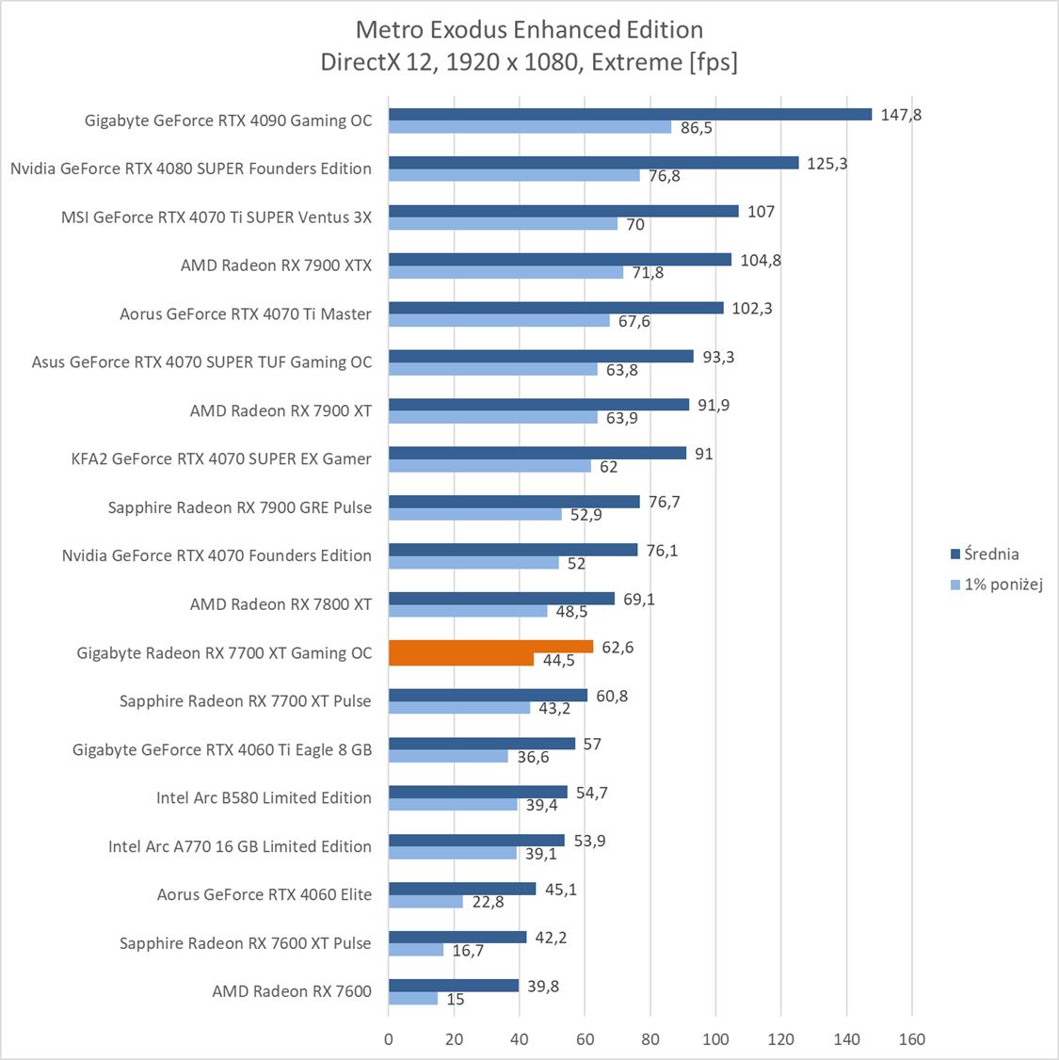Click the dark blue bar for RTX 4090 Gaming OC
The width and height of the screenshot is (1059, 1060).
pyautogui.click(x=630, y=115)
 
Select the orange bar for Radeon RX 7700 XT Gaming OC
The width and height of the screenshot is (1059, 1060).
pyautogui.click(x=490, y=647)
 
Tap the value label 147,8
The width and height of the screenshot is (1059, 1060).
pyautogui.click(x=901, y=115)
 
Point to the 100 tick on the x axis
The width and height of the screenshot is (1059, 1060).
pyautogui.click(x=715, y=1039)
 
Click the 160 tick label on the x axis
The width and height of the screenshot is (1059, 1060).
pyautogui.click(x=911, y=1039)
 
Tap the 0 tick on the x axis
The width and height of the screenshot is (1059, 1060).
pyautogui.click(x=389, y=1039)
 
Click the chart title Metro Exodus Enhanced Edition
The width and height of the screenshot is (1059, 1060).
pyautogui.click(x=529, y=30)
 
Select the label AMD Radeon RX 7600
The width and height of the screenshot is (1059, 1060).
pyautogui.click(x=292, y=990)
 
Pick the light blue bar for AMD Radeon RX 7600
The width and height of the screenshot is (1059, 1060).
pyautogui.click(x=413, y=999)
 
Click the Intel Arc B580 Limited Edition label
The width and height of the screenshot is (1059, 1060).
pyautogui.click(x=264, y=797)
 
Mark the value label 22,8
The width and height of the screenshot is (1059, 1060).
pyautogui.click(x=487, y=902)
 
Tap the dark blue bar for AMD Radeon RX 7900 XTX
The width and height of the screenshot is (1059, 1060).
pyautogui.click(x=559, y=260)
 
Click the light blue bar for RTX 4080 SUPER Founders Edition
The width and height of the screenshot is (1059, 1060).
pyautogui.click(x=514, y=175)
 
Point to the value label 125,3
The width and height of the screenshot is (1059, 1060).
pyautogui.click(x=827, y=163)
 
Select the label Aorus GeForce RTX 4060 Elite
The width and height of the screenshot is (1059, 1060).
pyautogui.click(x=264, y=894)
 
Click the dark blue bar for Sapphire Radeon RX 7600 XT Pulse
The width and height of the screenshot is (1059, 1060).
pyautogui.click(x=457, y=937)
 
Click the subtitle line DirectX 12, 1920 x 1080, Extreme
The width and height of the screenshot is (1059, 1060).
pyautogui.click(x=529, y=62)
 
